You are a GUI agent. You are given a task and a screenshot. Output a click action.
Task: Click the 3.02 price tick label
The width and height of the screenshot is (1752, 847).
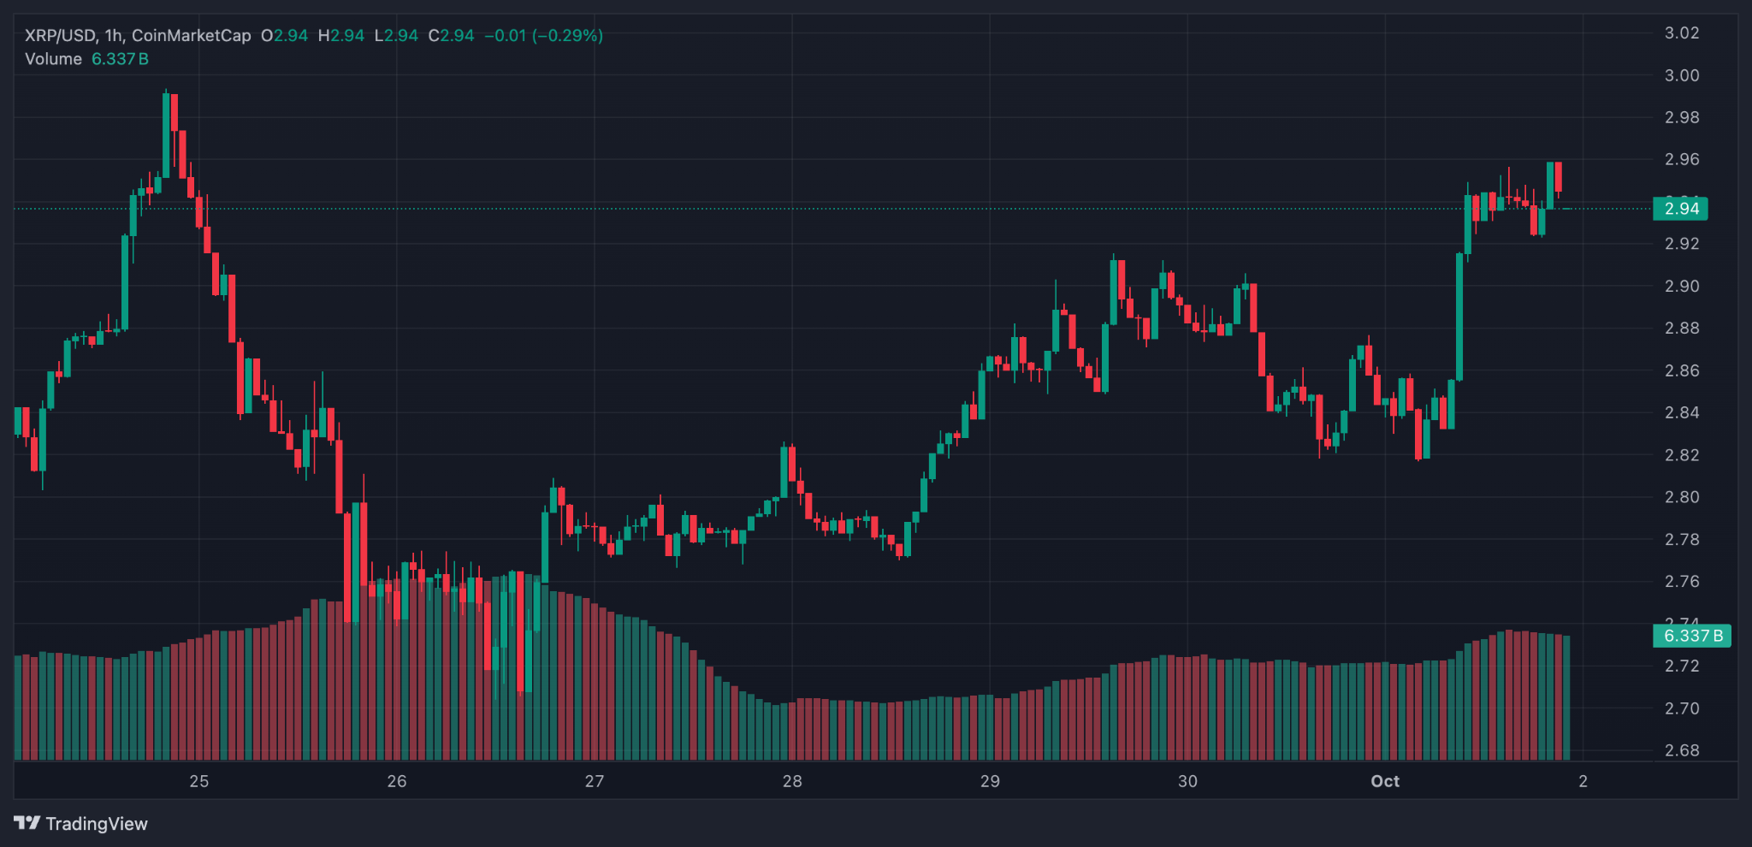[x=1681, y=33]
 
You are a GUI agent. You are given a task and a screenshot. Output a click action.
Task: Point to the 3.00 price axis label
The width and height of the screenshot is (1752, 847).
[x=1681, y=75]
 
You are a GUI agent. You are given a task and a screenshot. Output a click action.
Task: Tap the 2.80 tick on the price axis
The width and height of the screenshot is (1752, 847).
[x=1681, y=497]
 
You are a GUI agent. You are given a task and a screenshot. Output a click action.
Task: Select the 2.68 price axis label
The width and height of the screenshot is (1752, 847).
[x=1681, y=750]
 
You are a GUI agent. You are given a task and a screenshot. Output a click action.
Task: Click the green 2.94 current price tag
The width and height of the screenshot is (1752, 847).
[x=1680, y=209]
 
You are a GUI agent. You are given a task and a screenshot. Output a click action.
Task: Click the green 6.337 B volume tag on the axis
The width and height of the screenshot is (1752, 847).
[x=1691, y=636]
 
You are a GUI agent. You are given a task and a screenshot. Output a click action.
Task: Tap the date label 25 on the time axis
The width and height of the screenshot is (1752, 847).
[x=199, y=781]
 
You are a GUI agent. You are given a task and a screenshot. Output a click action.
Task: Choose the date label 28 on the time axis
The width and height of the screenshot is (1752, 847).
[x=792, y=781]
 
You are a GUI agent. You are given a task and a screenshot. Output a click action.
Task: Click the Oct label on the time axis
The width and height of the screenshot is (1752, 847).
[x=1385, y=781]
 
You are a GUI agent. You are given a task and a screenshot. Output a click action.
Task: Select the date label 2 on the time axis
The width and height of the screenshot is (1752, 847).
[x=1583, y=781]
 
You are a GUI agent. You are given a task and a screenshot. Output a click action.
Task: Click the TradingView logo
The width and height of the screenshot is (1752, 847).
[x=81, y=823]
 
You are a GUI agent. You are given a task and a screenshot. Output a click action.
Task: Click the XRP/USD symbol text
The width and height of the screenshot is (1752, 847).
[x=60, y=36]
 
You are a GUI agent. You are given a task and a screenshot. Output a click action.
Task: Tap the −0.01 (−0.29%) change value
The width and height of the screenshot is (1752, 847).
[x=543, y=36]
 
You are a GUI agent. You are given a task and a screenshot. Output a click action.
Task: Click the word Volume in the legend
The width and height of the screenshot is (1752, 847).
[x=53, y=59]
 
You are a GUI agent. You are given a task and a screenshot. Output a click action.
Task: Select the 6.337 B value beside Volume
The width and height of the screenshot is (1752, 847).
[x=120, y=59]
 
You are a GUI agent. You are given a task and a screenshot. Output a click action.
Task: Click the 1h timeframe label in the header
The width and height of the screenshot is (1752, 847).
[x=114, y=36]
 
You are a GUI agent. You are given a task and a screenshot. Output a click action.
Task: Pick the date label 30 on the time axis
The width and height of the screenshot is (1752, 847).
[x=1187, y=781]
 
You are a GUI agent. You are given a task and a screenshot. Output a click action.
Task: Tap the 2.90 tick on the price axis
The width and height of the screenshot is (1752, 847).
[x=1681, y=286]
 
